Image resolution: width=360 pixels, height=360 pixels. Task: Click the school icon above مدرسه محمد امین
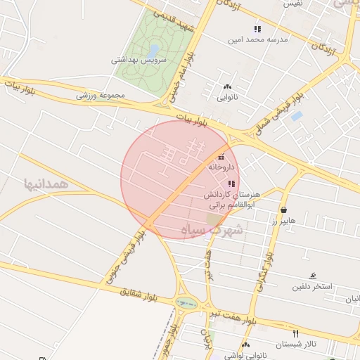click(257, 29)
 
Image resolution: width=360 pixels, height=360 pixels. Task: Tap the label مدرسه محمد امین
click(257, 40)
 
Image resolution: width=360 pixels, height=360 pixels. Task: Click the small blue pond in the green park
click(153, 51)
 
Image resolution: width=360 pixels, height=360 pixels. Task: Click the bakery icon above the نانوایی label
click(226, 86)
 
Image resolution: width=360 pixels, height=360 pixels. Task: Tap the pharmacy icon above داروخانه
click(222, 157)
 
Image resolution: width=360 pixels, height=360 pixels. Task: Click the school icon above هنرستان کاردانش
click(232, 184)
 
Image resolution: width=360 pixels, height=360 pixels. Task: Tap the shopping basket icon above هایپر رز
click(283, 210)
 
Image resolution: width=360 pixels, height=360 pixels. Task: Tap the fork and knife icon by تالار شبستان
click(295, 333)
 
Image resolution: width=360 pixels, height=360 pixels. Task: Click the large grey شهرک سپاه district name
click(212, 230)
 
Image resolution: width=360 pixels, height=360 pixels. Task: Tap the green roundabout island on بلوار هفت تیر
click(186, 303)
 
